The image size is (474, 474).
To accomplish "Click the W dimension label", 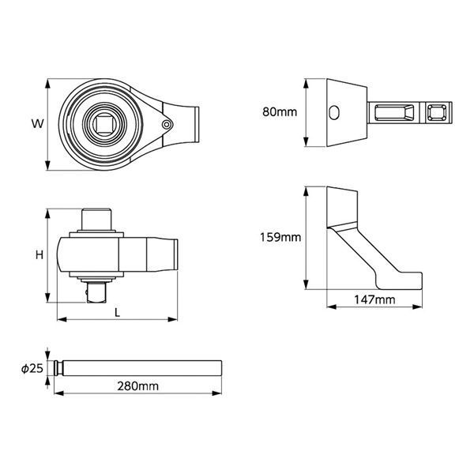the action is (38, 124).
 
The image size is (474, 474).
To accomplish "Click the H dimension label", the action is (39, 255).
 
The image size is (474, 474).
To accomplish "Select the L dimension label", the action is (118, 313).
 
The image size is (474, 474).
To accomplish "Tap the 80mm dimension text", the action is (280, 112).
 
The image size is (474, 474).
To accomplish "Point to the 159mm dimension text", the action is (280, 237).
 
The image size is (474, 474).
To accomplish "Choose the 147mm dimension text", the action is (374, 299).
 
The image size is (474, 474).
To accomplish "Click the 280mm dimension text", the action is (137, 386).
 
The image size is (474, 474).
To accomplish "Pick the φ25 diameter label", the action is (32, 368).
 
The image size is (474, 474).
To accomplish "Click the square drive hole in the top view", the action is (104, 124).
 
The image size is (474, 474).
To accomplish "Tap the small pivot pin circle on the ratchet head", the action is (166, 124).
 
